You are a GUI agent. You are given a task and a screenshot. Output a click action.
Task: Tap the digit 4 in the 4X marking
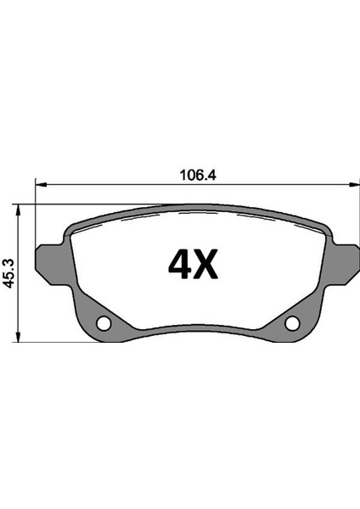point(182,266)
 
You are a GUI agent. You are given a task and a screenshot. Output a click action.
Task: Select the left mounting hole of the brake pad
point(104,323)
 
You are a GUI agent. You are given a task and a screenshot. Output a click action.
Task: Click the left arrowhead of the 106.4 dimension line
point(39,183)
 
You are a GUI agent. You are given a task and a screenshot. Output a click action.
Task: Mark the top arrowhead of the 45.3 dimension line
point(20,208)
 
